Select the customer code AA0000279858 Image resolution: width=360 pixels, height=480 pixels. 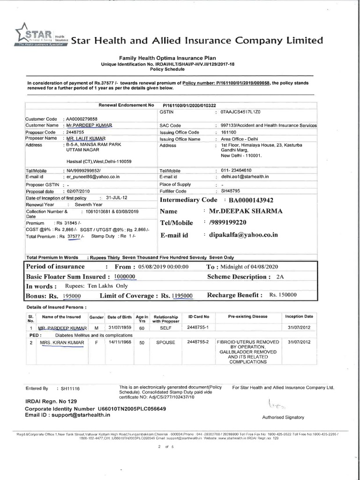coord(82,119)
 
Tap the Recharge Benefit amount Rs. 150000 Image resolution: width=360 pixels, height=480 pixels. coord(283,295)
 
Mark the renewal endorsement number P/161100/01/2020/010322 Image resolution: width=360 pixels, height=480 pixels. coord(189,106)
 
